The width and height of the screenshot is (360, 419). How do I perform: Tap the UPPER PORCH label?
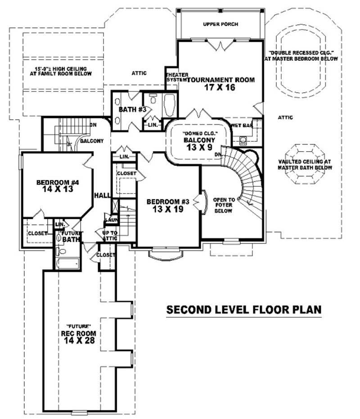220,24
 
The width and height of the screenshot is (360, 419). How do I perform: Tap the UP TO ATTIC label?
110,235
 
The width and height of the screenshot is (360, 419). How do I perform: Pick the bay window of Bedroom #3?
166,254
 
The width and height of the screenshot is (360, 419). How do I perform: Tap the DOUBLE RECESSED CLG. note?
301,55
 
